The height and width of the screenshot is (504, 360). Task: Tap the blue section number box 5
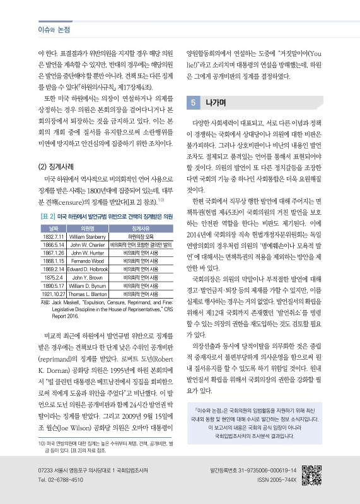194,102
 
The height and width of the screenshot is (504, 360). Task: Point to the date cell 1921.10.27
50,293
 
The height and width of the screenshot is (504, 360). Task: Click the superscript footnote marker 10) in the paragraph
161,200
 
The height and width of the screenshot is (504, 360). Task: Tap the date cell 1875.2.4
50,276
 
